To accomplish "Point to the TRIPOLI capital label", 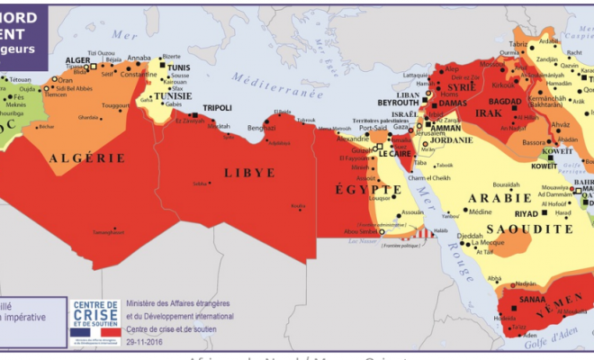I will point(217,108).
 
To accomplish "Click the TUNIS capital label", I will point(178,67).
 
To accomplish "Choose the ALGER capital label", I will point(79,60).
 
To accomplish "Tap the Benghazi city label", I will point(260,129).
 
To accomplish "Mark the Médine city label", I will point(480,211).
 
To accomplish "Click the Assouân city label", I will point(411,212).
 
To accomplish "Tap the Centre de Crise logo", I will point(94,318).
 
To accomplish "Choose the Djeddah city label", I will point(471,236).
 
